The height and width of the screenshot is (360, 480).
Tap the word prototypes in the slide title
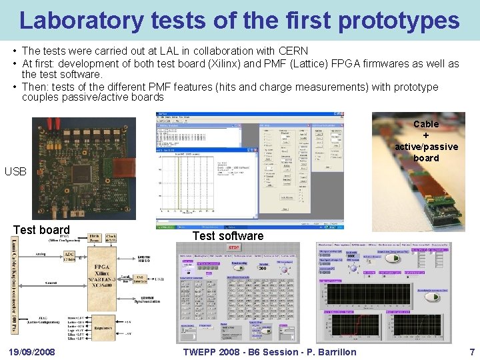coord(399,21)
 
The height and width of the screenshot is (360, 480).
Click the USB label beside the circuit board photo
coord(16,171)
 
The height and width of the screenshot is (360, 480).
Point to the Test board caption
coord(41,230)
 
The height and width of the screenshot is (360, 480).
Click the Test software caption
coord(227,235)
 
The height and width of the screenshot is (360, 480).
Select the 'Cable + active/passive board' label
coord(426,141)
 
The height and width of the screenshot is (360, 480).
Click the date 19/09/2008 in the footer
coord(32,351)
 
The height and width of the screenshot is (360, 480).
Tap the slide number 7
coord(471,351)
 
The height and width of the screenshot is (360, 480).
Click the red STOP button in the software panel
coord(234,248)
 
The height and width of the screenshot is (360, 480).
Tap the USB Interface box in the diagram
coord(141,279)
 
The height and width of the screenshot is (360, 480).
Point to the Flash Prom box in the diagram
coord(95,238)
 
